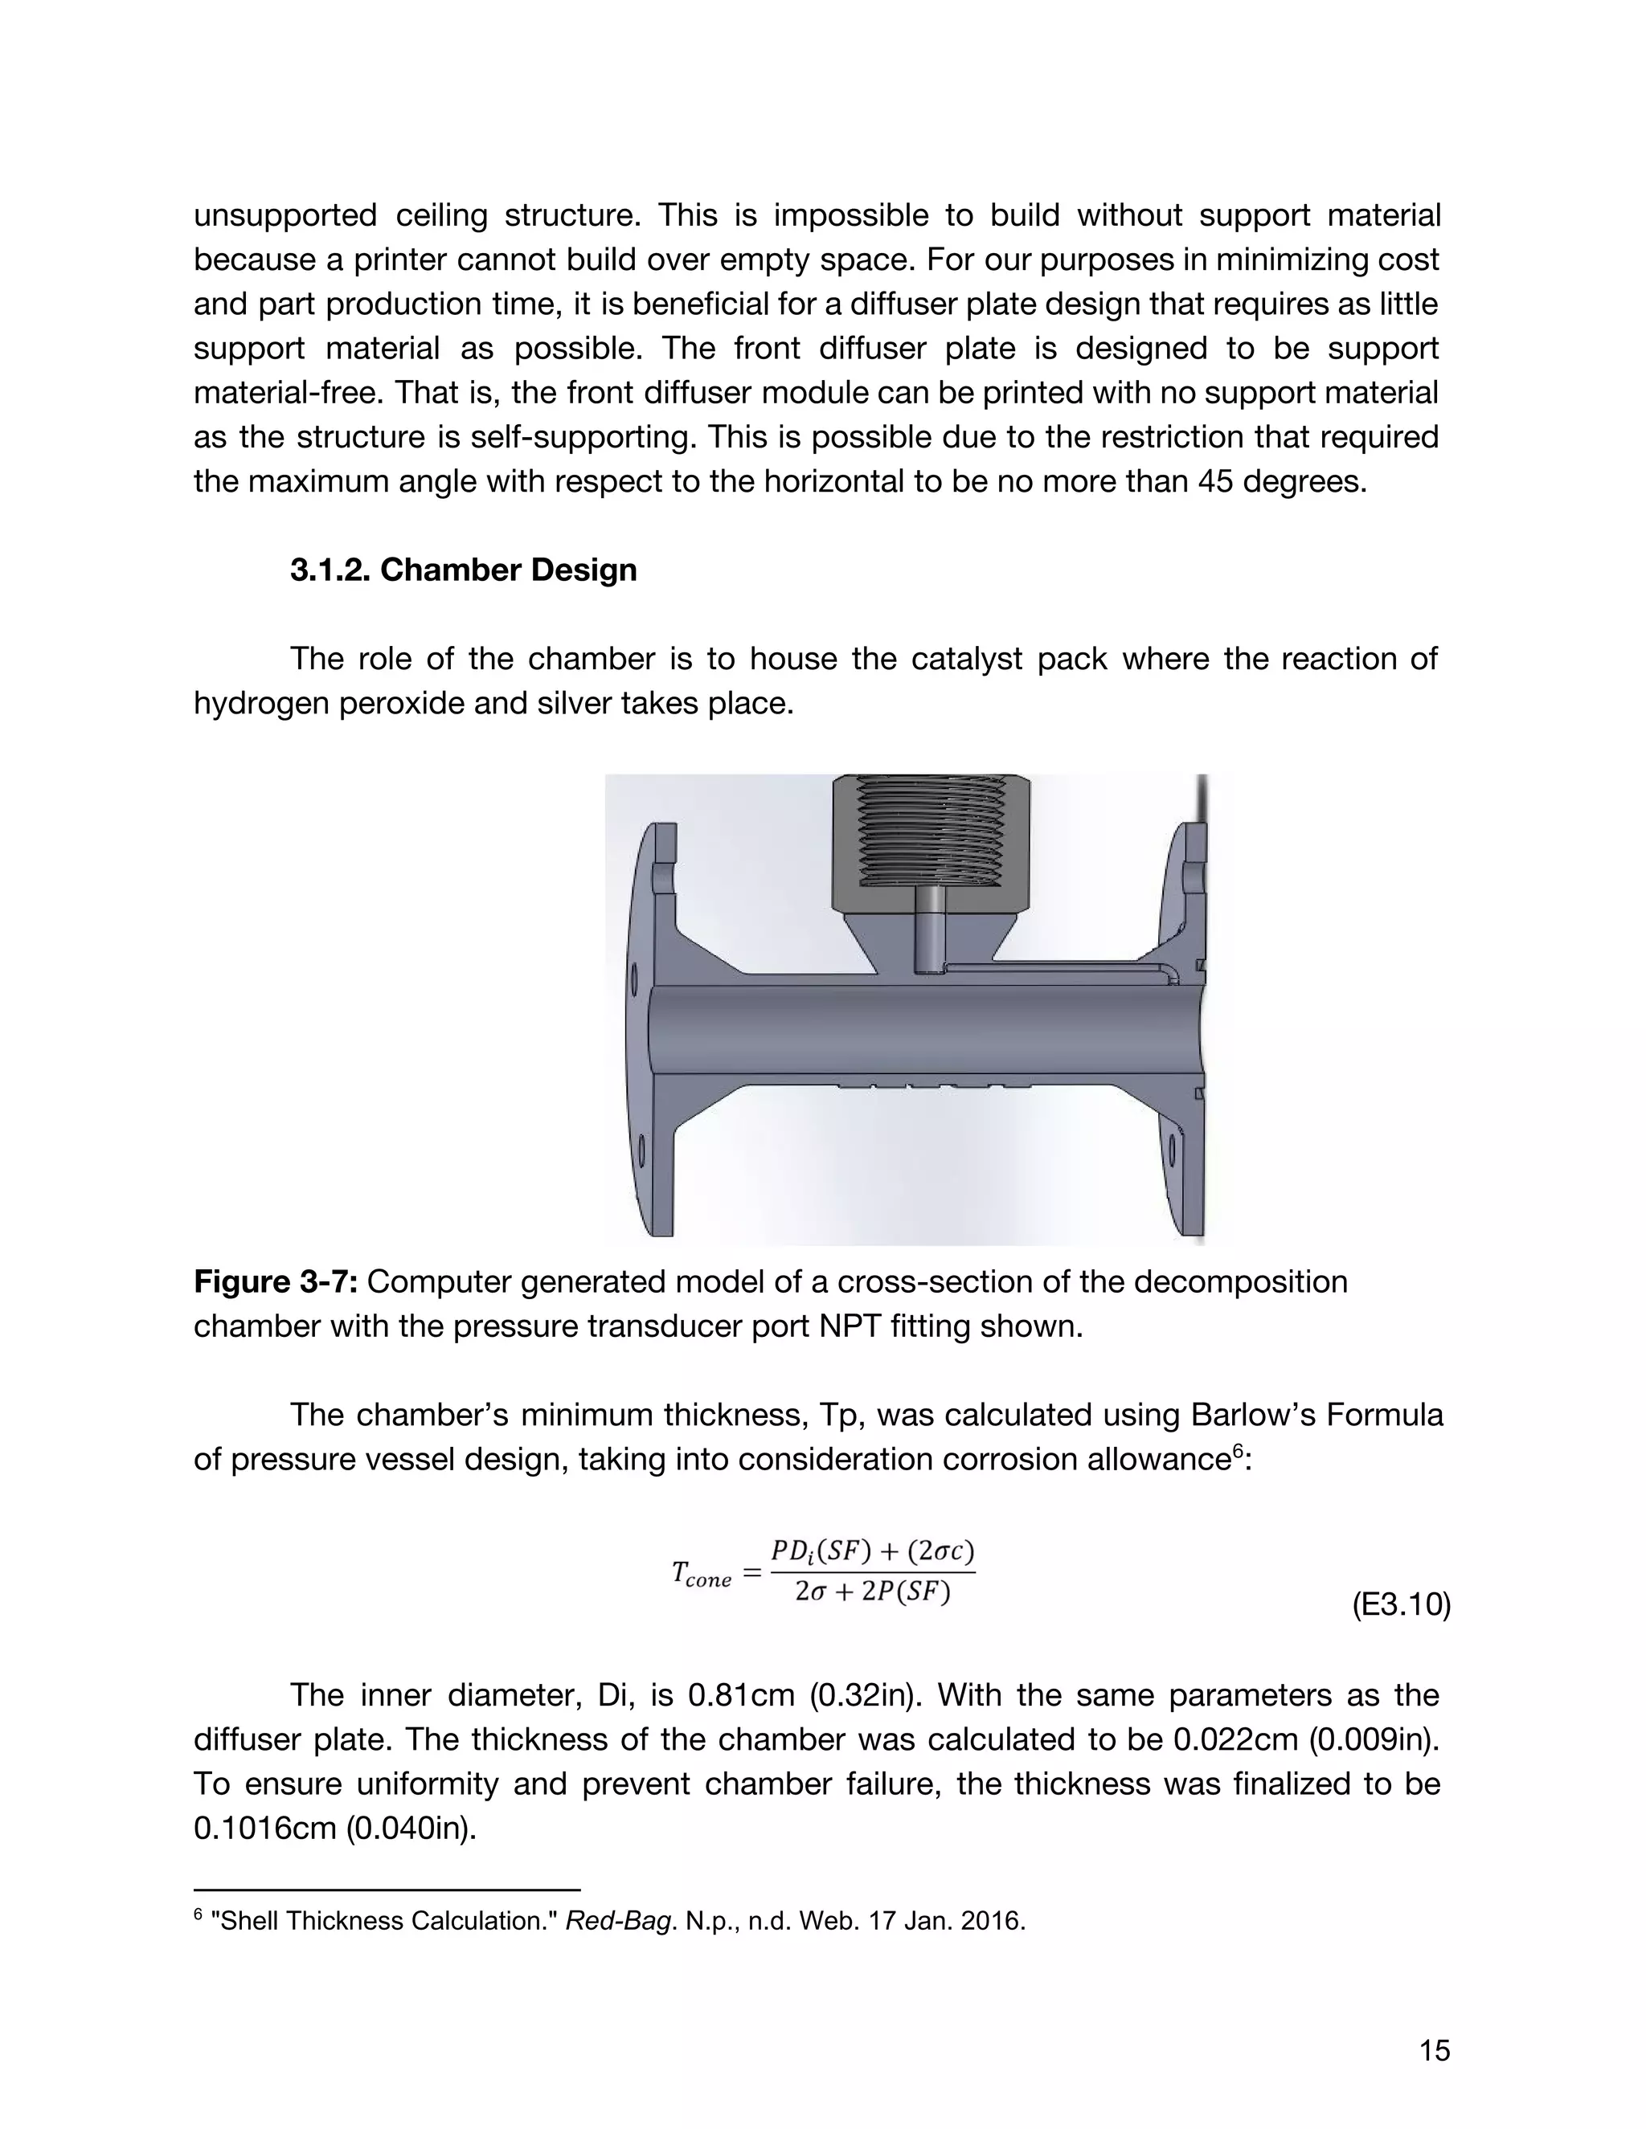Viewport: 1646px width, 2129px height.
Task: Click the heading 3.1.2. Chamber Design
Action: (463, 570)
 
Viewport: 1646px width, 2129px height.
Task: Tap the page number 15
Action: (1435, 2051)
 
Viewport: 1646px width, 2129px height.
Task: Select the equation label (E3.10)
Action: (1400, 1605)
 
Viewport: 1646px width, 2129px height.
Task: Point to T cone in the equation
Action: (701, 1573)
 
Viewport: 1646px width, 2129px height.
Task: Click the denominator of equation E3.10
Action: (872, 1593)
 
